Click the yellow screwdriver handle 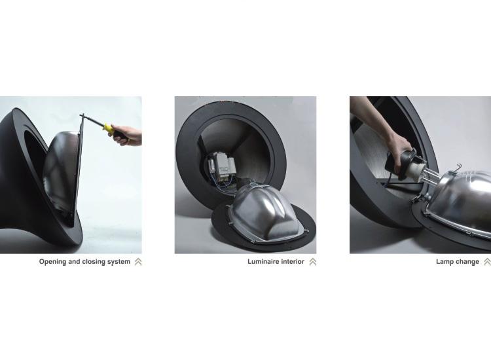point(109,128)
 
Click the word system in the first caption point(119,262)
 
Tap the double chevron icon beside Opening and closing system point(138,262)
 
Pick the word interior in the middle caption point(293,262)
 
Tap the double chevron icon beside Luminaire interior point(312,262)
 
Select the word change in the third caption point(467,262)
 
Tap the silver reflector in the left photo point(62,171)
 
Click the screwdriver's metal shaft point(93,121)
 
